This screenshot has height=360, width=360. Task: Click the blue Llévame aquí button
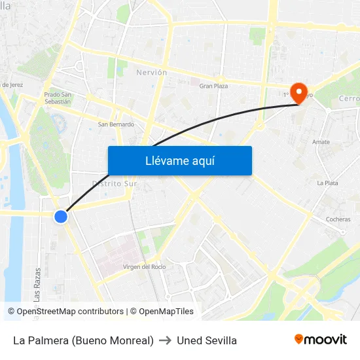179,160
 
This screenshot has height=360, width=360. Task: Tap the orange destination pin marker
300,92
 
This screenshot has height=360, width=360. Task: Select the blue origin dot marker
61,216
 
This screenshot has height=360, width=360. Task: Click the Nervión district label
151,72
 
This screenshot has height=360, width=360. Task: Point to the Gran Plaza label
213,86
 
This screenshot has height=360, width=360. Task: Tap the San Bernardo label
116,124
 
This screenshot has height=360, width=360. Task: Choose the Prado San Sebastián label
58,98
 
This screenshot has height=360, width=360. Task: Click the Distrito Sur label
115,183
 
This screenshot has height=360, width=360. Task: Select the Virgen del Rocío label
145,266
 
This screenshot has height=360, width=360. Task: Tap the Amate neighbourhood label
321,141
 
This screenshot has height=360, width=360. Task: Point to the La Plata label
327,183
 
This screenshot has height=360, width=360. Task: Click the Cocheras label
338,219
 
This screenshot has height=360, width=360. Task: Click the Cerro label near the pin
349,98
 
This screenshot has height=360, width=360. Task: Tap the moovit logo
320,339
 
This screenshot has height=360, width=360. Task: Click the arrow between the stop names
165,340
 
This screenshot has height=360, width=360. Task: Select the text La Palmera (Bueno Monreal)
83,340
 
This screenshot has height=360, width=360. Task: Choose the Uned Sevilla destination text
207,340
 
